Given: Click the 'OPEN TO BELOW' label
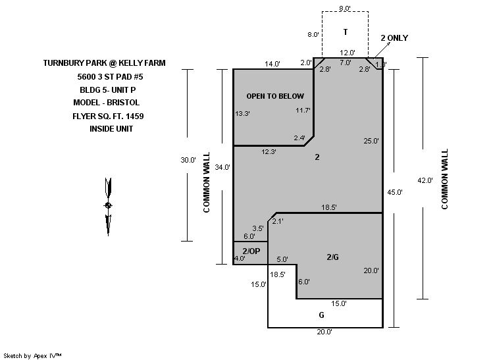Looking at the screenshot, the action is pyautogui.click(x=275, y=96).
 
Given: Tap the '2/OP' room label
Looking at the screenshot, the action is pyautogui.click(x=251, y=251).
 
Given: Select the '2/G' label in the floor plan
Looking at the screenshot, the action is pyautogui.click(x=332, y=257).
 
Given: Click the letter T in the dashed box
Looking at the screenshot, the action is pyautogui.click(x=346, y=32).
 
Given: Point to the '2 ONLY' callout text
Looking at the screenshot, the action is pyautogui.click(x=394, y=38).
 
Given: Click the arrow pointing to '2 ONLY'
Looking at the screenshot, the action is pyautogui.click(x=382, y=50).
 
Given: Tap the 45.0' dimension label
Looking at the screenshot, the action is pyautogui.click(x=394, y=192).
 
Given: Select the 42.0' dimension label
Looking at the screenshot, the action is pyautogui.click(x=425, y=180).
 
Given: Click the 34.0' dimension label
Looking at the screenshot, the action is pyautogui.click(x=222, y=167).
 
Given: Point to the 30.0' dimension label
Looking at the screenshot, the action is pyautogui.click(x=188, y=160).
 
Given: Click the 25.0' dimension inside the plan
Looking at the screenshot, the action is pyautogui.click(x=371, y=141).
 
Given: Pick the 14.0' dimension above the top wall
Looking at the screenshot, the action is pyautogui.click(x=272, y=64).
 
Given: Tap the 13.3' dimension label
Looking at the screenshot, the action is pyautogui.click(x=242, y=113).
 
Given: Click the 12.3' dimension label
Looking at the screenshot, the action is pyautogui.click(x=269, y=152).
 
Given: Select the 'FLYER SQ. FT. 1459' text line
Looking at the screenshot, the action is pyautogui.click(x=108, y=116).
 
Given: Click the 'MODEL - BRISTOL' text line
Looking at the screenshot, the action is pyautogui.click(x=107, y=103).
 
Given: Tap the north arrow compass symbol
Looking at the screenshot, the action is pyautogui.click(x=108, y=207).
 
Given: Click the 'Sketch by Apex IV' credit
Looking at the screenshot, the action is pyautogui.click(x=32, y=355).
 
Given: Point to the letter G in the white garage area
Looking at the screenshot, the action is pyautogui.click(x=322, y=315).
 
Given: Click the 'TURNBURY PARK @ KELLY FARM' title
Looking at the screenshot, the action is pyautogui.click(x=104, y=63).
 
